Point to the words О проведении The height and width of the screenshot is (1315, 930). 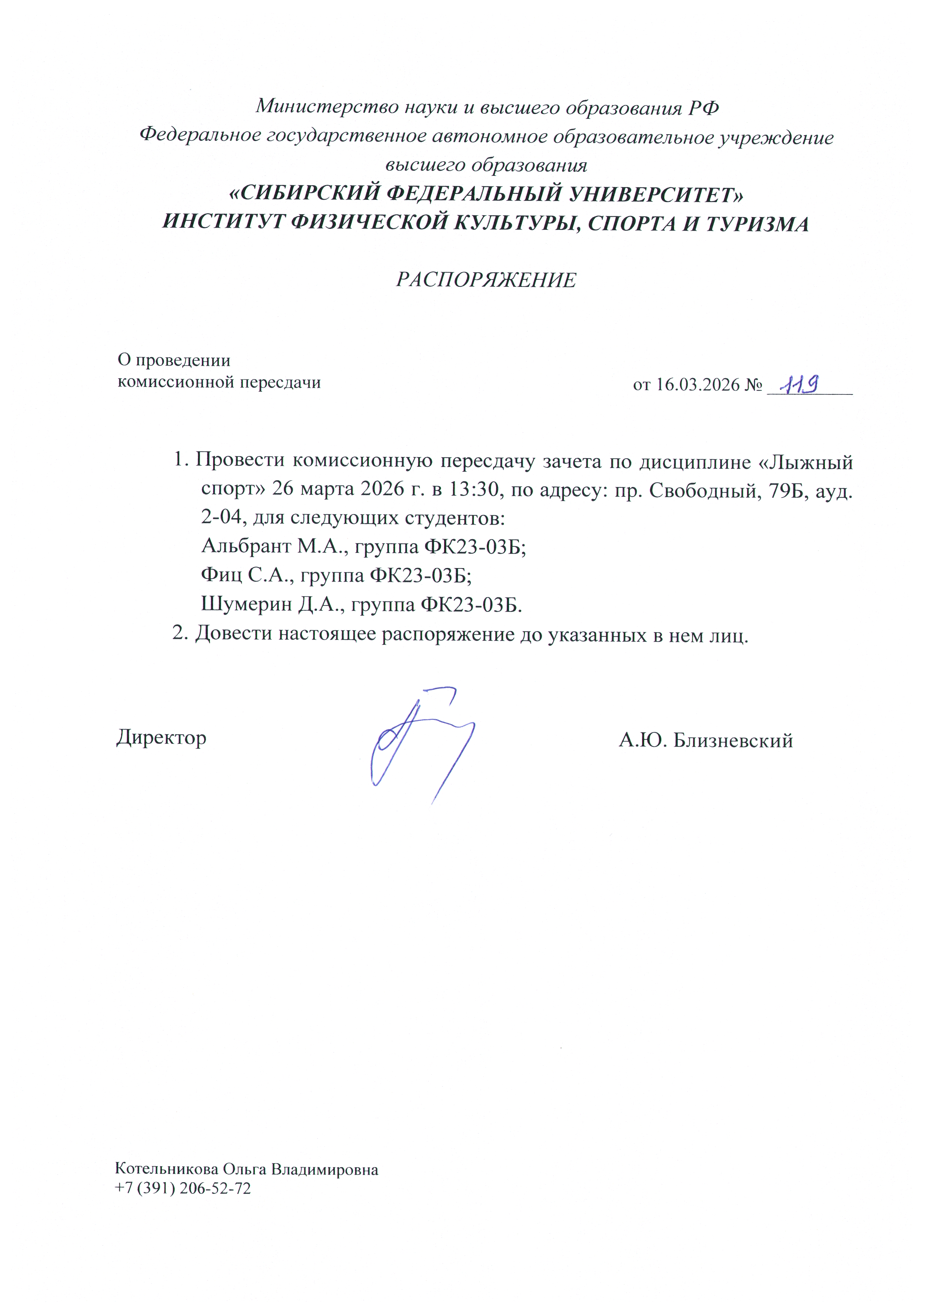[174, 360]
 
